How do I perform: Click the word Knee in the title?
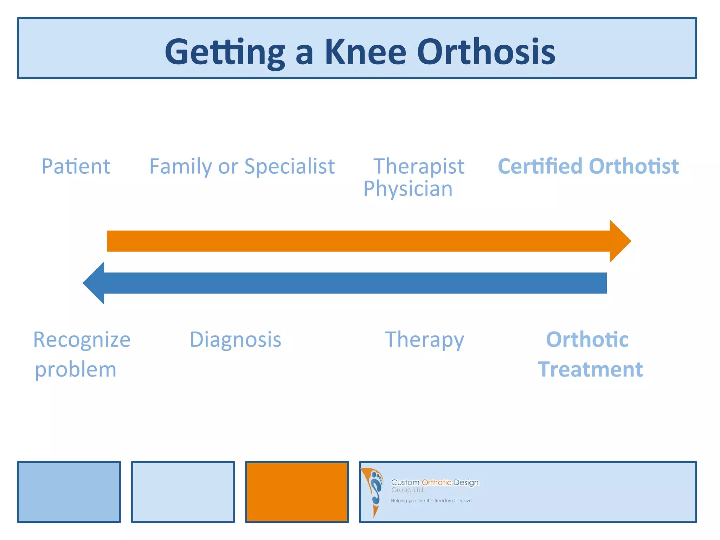tap(365, 52)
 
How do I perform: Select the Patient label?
tap(76, 166)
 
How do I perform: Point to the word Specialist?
tap(289, 166)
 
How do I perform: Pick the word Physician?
tap(408, 189)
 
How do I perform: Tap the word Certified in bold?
tap(540, 166)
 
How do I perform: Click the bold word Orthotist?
tap(634, 166)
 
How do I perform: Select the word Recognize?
tap(82, 340)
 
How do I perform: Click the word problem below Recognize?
tap(76, 370)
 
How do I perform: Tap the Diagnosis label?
tap(236, 340)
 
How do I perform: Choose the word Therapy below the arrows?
tap(424, 340)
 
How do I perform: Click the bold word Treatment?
tap(590, 369)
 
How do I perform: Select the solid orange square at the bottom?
tap(297, 492)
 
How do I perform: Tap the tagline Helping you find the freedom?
tap(432, 501)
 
